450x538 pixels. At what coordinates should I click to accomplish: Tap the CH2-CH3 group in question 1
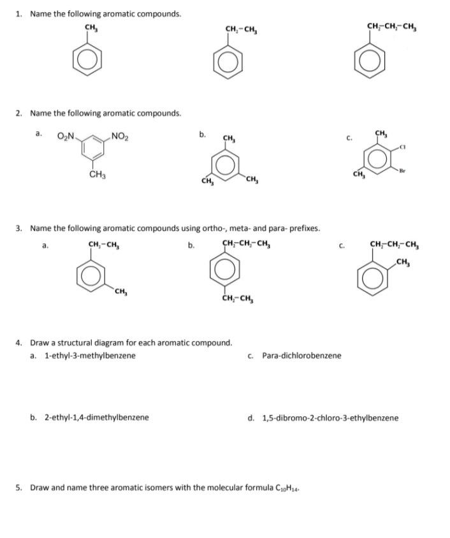pos(240,28)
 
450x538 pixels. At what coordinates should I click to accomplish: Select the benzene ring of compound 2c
pos(381,159)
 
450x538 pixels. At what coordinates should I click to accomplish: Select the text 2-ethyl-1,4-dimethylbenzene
pos(96,418)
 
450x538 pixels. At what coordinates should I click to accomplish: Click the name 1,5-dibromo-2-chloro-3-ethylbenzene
pos(330,418)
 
